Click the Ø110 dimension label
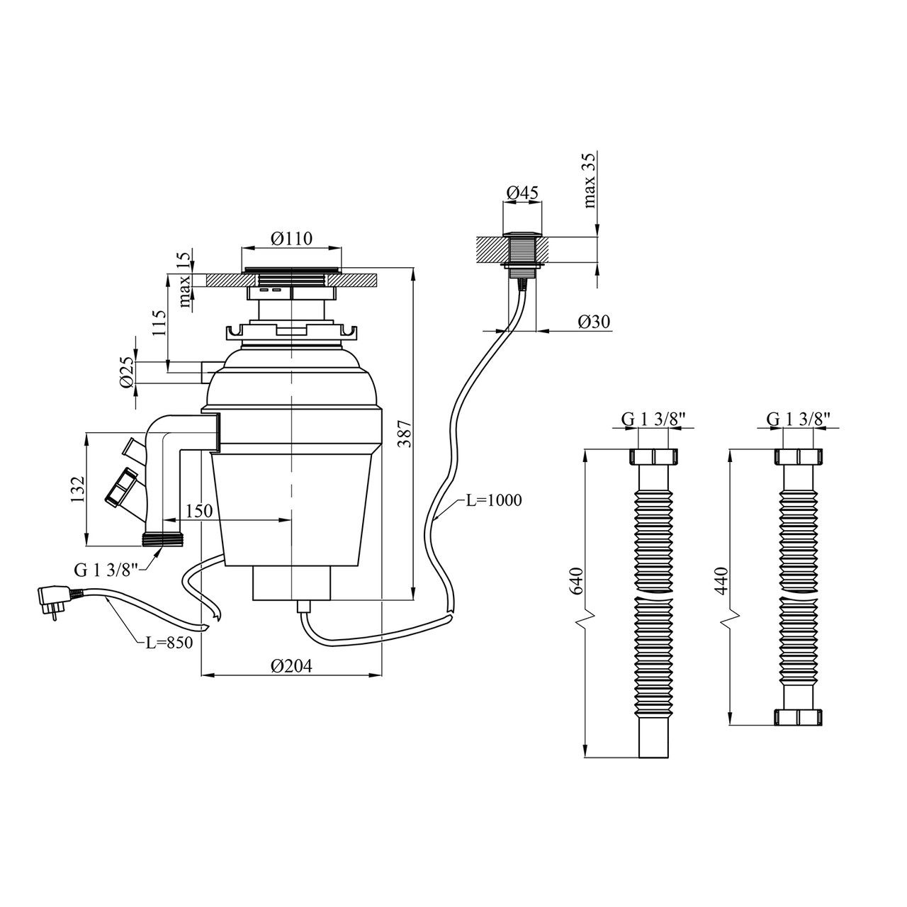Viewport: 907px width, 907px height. click(291, 238)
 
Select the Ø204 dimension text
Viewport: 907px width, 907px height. click(291, 666)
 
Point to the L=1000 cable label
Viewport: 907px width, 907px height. click(493, 500)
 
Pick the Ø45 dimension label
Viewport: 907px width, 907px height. click(523, 193)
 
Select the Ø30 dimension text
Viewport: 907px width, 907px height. click(594, 322)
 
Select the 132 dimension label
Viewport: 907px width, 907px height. click(78, 489)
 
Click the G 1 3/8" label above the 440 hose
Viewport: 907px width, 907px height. click(798, 419)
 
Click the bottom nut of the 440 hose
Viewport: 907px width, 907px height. click(798, 716)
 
